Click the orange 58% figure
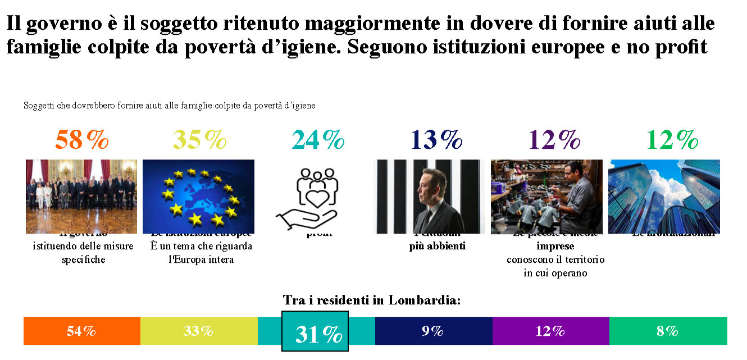click(x=82, y=140)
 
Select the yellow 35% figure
click(x=199, y=140)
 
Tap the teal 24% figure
click(x=318, y=140)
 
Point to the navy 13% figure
click(x=436, y=140)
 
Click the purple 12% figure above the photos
click(x=554, y=140)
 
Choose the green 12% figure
click(x=672, y=140)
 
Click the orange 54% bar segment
click(x=81, y=331)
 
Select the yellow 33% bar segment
click(x=198, y=331)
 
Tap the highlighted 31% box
click(x=315, y=332)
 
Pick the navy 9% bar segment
click(x=433, y=331)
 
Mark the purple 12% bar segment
click(x=550, y=331)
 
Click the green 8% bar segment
click(x=668, y=331)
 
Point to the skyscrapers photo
click(x=664, y=196)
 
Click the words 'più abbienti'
click(x=438, y=246)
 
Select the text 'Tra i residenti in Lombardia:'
click(x=372, y=300)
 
